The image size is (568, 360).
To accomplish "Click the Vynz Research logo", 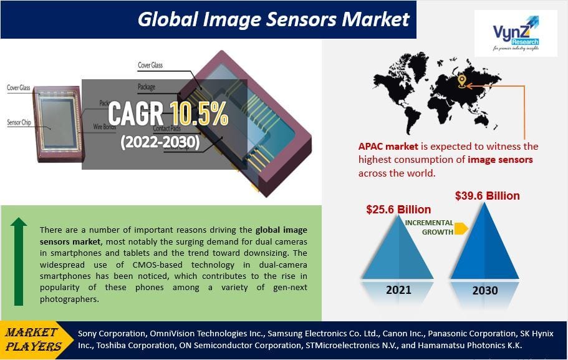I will coord(515,33).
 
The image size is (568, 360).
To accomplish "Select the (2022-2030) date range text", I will coord(160,142).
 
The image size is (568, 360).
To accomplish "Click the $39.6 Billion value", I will coord(487,195).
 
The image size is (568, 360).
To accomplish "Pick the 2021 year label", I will coord(398,289).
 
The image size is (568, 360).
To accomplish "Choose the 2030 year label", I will coord(485,290).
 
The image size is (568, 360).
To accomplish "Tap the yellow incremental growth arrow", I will coord(461,228).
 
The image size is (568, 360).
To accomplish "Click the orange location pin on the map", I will coord(462,82).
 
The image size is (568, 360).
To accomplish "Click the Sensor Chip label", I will coord(19,122).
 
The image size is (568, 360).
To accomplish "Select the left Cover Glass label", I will coord(19,88).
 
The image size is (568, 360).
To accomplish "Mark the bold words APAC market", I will coord(384,147).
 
